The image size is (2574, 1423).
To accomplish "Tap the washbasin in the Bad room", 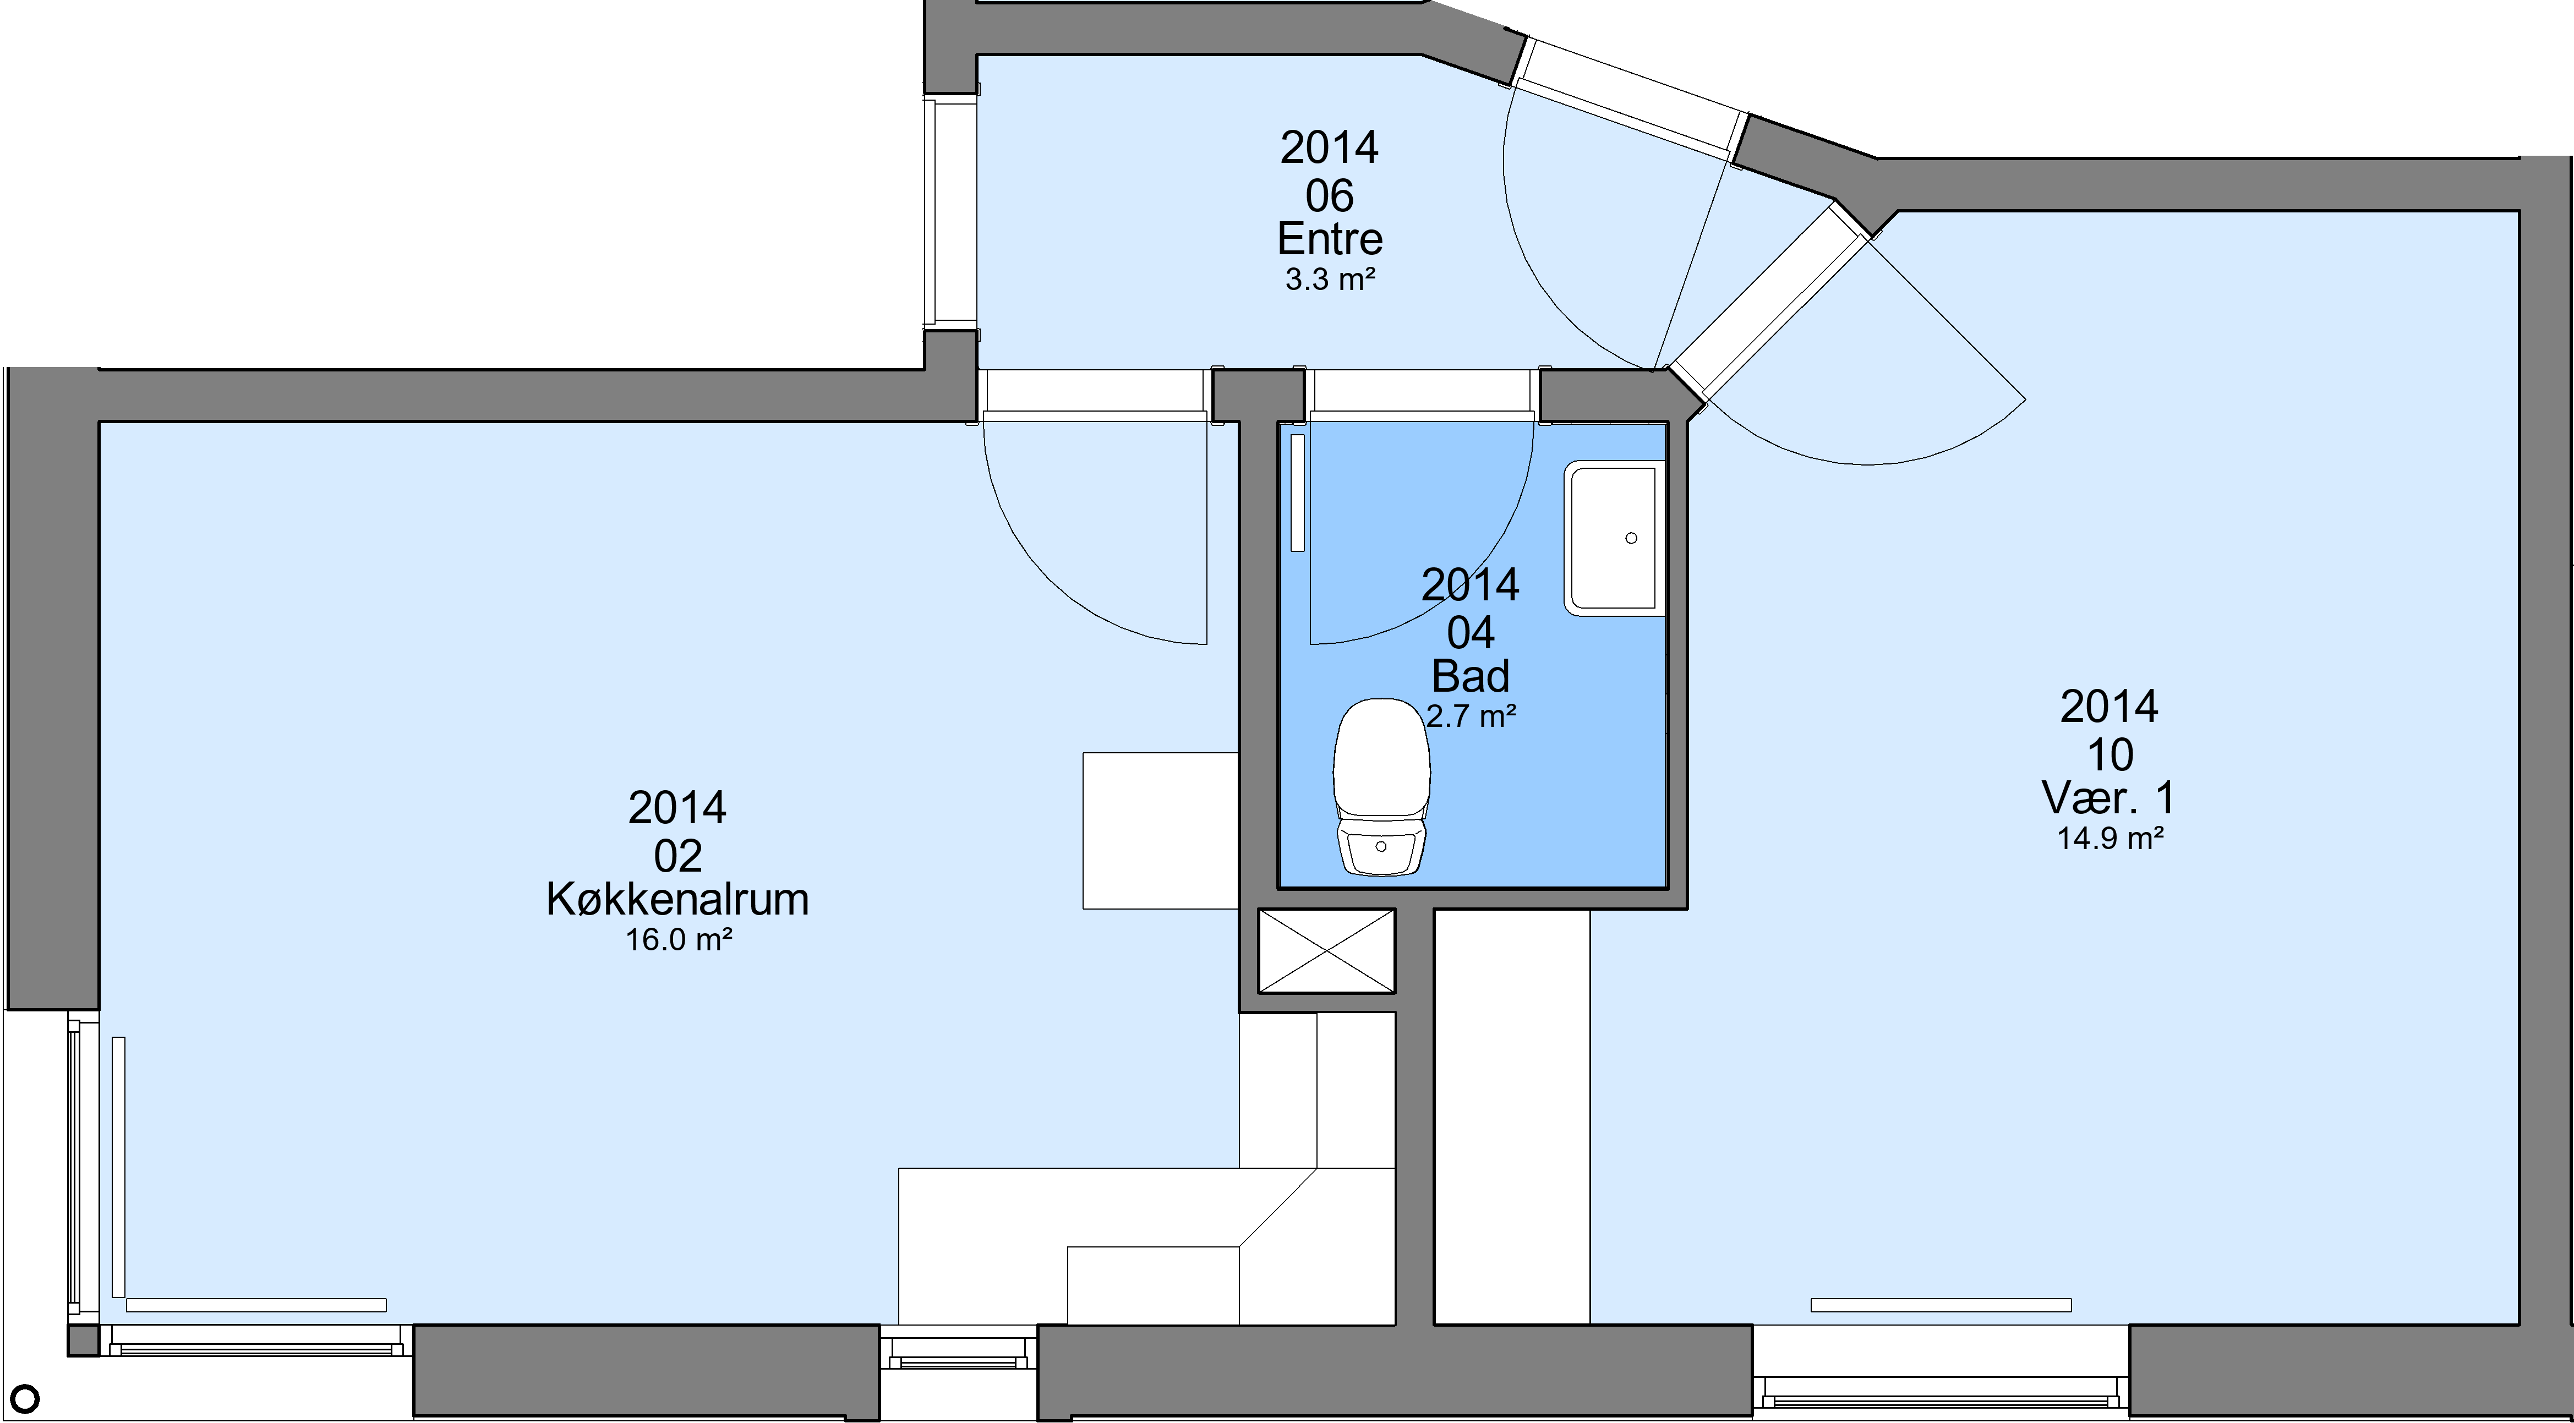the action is [1614, 539].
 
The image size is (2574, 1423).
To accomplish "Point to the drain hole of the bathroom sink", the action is [1632, 539].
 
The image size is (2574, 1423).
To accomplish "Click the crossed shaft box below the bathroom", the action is [1326, 951].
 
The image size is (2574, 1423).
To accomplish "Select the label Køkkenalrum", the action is [677, 899].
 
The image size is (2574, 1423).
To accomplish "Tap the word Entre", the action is [1330, 239].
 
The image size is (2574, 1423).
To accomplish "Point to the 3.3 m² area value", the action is [1330, 280].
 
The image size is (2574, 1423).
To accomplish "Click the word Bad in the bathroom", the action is [1471, 676].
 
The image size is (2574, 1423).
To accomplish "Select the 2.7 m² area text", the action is [1471, 716].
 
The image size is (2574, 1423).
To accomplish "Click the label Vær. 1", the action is [2108, 797].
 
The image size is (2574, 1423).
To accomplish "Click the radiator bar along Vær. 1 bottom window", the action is [1941, 1305].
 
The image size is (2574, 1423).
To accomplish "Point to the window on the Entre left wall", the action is [950, 212].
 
